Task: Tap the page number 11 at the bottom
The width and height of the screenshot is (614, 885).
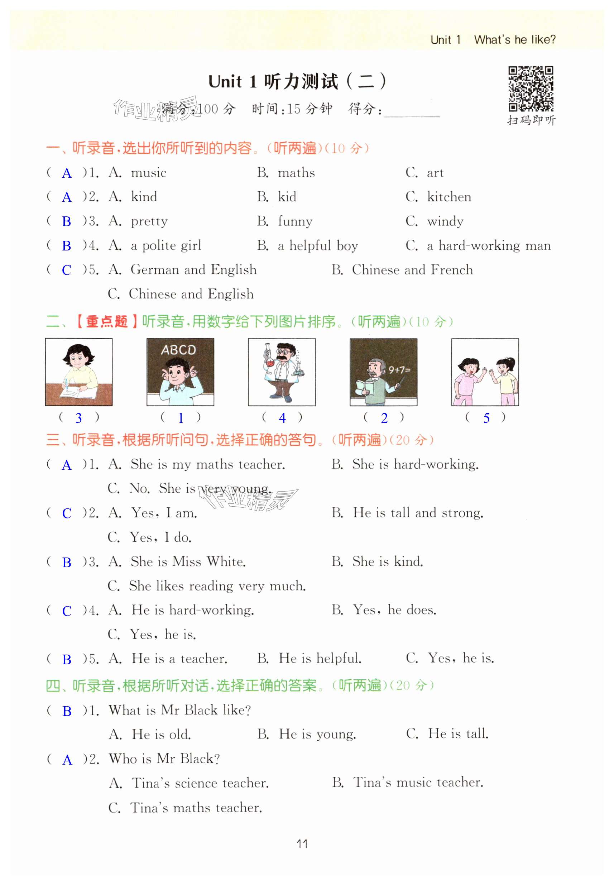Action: (302, 844)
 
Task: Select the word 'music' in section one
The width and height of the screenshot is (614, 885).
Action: (149, 173)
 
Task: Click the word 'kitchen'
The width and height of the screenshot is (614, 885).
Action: (448, 197)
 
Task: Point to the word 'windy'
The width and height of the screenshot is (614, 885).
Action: (445, 221)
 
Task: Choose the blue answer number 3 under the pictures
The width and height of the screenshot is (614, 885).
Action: (78, 418)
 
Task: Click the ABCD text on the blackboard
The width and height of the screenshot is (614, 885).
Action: (178, 350)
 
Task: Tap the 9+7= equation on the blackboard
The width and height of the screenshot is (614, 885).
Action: (399, 370)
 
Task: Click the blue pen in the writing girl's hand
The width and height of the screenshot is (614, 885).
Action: (66, 384)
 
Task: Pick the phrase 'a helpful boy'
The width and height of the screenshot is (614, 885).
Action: (318, 245)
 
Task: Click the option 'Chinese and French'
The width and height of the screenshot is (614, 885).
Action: (412, 270)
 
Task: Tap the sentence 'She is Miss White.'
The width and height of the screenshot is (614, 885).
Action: (188, 562)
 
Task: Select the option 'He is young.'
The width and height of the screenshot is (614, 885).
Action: (317, 734)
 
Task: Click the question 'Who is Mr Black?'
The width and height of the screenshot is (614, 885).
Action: (164, 759)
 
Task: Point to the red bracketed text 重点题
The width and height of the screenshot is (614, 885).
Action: (106, 321)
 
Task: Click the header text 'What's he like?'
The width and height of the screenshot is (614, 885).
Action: (514, 40)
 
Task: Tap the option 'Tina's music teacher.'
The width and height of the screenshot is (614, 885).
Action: (418, 782)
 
